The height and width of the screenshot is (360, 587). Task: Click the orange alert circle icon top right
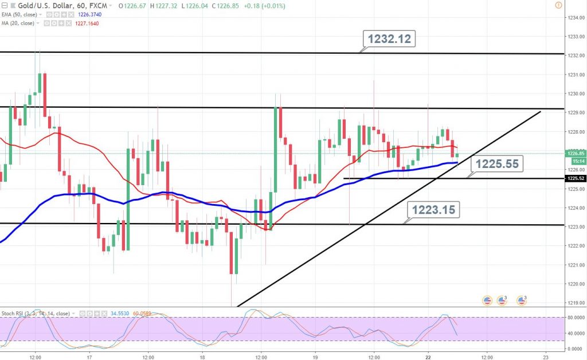tap(558, 5)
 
